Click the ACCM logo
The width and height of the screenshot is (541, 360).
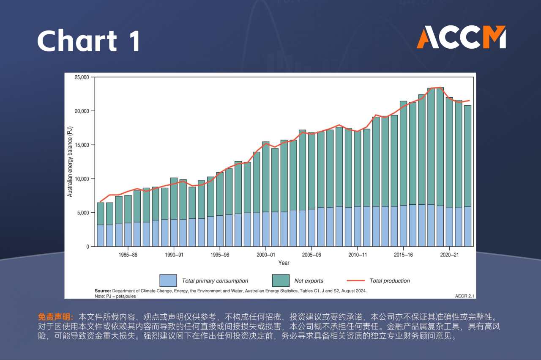point(461,37)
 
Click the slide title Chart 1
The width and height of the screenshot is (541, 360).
point(88,41)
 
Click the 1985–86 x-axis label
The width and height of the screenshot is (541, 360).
point(128,255)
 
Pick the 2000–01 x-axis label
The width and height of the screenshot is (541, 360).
point(265,255)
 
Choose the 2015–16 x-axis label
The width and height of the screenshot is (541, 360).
point(404,255)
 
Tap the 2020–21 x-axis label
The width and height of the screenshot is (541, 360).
point(449,255)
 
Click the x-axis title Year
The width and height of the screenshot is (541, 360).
point(284,263)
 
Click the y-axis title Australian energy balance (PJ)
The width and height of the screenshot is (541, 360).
point(70,162)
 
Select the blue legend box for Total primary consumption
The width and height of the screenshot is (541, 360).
point(168,280)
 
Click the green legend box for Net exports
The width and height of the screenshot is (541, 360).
point(281,280)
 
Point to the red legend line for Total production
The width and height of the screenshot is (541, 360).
point(355,280)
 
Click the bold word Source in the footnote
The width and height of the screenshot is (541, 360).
point(103,291)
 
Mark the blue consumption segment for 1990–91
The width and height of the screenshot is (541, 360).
point(174,233)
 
